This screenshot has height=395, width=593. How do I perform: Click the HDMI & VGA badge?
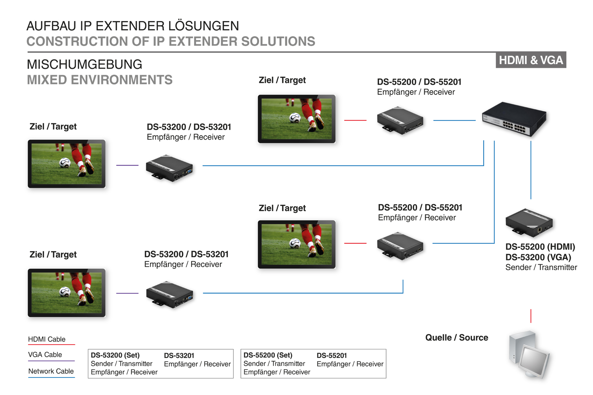[531, 60]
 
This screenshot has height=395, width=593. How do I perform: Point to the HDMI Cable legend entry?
[47, 339]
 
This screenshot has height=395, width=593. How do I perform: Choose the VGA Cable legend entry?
[45, 355]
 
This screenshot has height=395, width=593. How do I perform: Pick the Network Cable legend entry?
[51, 371]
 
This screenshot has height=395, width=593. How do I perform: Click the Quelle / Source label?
[457, 338]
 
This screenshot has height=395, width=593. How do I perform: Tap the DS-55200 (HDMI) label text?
[540, 247]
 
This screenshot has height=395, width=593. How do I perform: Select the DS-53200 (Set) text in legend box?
[115, 355]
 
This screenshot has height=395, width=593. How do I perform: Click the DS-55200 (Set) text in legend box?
[268, 355]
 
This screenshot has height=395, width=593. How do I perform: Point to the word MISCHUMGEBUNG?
[85, 65]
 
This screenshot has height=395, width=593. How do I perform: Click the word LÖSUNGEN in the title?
[203, 26]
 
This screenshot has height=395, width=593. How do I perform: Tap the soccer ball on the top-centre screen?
[295, 118]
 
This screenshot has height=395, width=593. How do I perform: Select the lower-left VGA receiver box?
[170, 295]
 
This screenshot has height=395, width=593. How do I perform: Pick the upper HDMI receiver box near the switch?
[400, 120]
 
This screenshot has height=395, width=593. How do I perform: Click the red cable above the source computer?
[531, 316]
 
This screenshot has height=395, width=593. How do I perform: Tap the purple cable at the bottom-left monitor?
[127, 293]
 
